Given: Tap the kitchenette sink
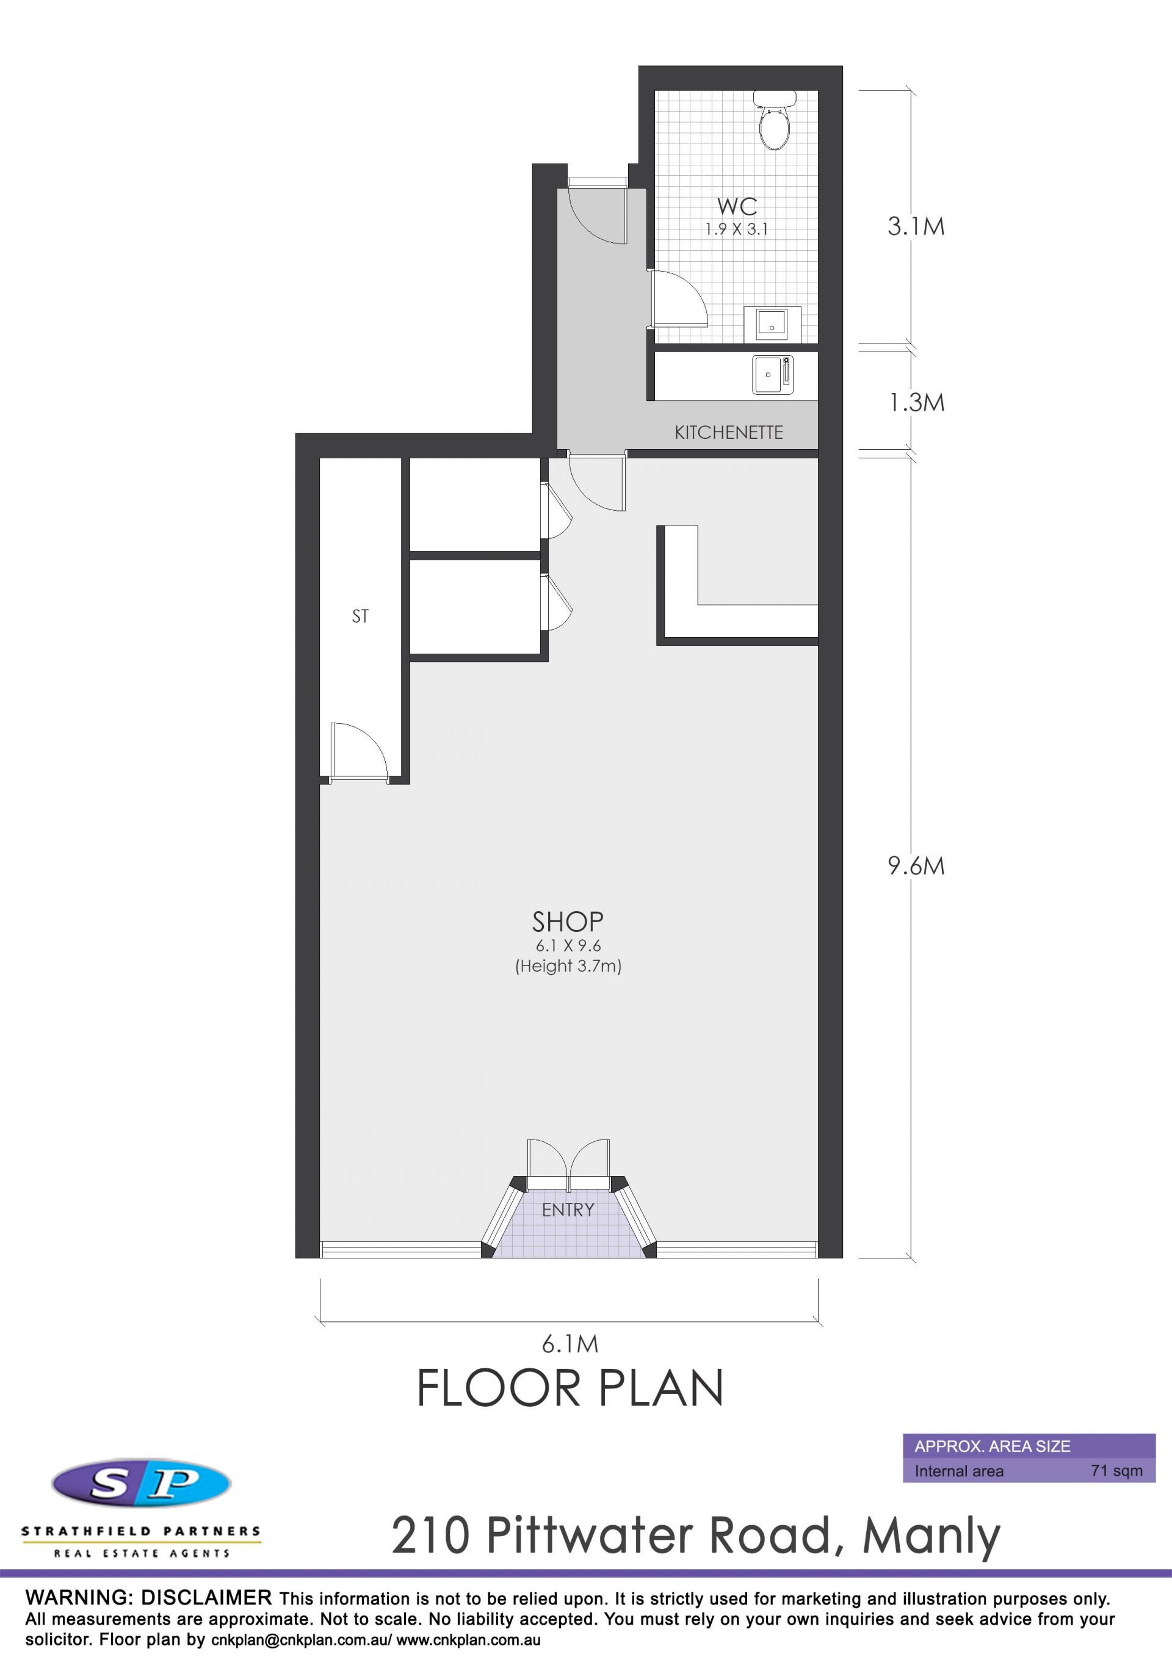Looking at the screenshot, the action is (773, 375).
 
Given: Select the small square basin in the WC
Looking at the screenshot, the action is (772, 323).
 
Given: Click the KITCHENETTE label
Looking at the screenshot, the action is (728, 432).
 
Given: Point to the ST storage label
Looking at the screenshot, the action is (360, 616).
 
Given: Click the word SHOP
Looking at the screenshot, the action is (568, 922).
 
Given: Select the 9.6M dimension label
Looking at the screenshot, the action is (916, 865).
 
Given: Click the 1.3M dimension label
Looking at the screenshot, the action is (916, 402).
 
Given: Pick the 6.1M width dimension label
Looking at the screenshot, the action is (570, 1344).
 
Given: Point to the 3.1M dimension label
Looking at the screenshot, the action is (916, 226).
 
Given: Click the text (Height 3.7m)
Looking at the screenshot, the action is (568, 966).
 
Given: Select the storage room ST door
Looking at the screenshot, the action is (359, 752).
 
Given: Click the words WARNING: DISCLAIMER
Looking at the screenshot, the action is (149, 1598).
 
